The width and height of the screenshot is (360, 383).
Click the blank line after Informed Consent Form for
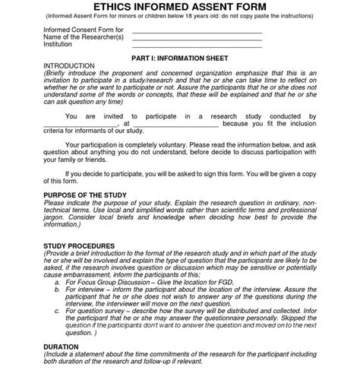(197, 31)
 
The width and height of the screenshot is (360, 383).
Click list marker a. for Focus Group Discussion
(57, 282)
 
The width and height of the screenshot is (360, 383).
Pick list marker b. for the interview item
(57, 290)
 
